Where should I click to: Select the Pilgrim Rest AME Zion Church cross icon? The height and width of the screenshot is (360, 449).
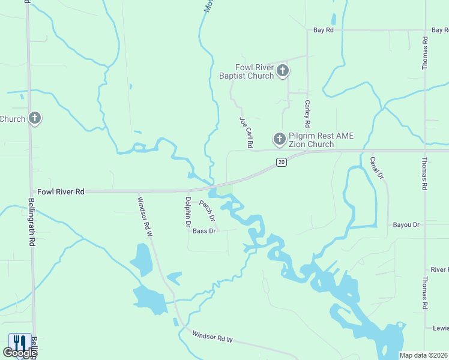[279, 140]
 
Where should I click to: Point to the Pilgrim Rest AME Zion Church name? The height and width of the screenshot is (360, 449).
[311, 140]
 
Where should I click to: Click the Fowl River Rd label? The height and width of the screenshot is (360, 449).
[61, 191]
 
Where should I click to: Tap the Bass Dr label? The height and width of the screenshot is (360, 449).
[204, 230]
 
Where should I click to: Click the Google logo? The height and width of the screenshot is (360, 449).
[19, 353]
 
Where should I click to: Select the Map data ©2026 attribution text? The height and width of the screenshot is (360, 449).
[424, 355]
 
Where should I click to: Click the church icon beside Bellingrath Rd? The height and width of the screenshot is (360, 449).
[35, 119]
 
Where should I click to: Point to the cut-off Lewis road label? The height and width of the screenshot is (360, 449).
[441, 328]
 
